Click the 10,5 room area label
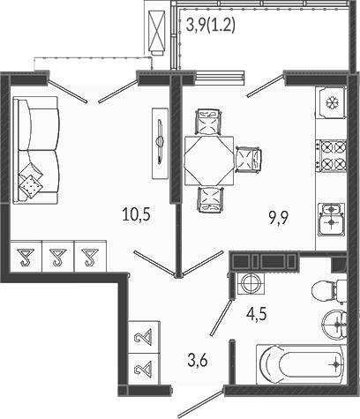point(136,215)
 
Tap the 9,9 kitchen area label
point(278,218)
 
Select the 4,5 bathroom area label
point(257,315)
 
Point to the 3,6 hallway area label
point(198,360)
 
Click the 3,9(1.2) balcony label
point(211,25)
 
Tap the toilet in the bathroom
point(329,290)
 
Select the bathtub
point(302,364)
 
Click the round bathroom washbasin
point(334,325)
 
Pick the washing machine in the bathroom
point(251,283)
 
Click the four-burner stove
point(331,156)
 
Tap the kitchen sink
point(332,219)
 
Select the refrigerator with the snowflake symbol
point(332,102)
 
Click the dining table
point(209,161)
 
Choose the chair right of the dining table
point(249,160)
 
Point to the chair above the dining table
point(208,122)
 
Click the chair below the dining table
point(210,200)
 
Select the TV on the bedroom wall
point(160,143)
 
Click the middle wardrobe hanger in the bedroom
point(58,257)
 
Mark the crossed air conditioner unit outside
point(156,30)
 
